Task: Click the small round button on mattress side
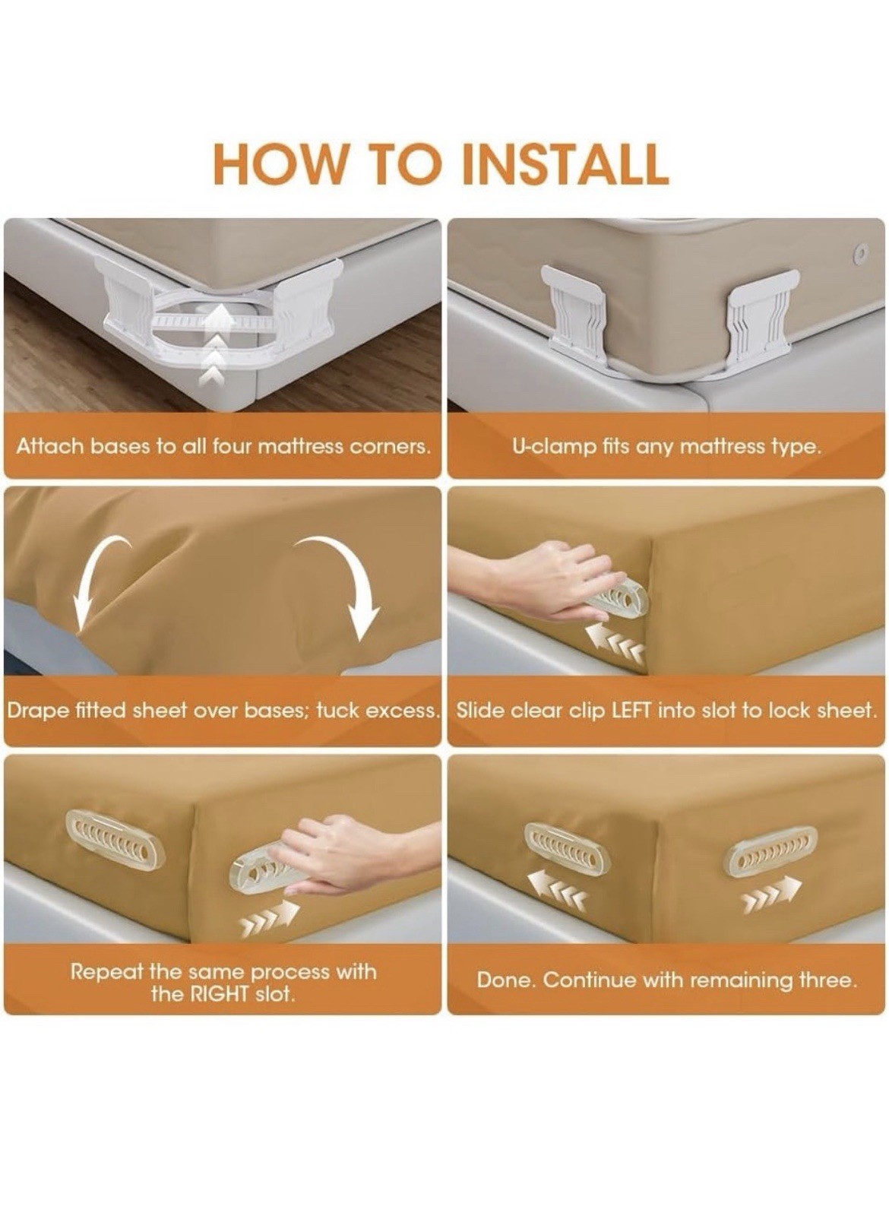point(860,252)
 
